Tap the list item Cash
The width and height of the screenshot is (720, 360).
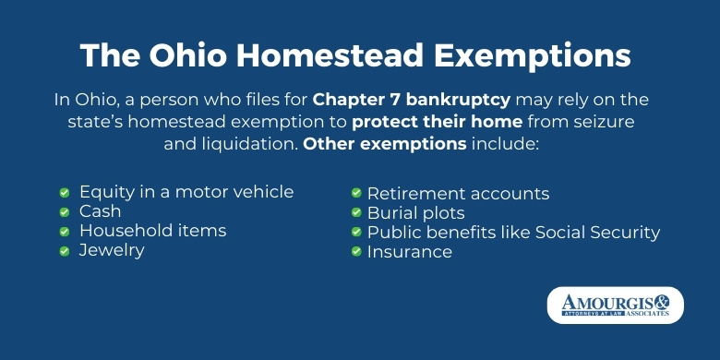pyautogui.click(x=101, y=211)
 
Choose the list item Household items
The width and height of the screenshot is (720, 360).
pyautogui.click(x=152, y=230)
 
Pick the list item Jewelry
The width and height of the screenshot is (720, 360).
pyautogui.click(x=112, y=250)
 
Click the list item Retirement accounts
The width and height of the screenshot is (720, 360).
pyautogui.click(x=458, y=194)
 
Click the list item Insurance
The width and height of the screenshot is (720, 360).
pyautogui.click(x=410, y=251)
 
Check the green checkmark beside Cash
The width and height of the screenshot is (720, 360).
pyautogui.click(x=65, y=212)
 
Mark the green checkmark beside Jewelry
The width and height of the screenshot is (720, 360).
pyautogui.click(x=65, y=250)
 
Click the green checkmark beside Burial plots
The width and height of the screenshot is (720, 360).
pyautogui.click(x=355, y=213)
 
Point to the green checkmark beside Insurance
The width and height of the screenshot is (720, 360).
pyautogui.click(x=355, y=251)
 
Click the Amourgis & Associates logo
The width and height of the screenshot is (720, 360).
pyautogui.click(x=615, y=306)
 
